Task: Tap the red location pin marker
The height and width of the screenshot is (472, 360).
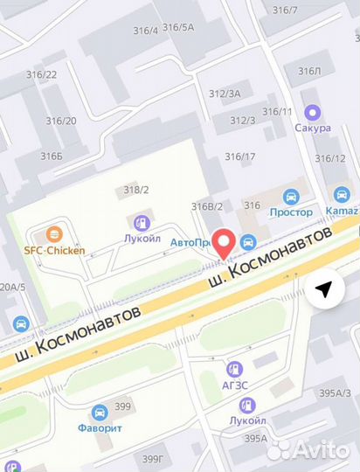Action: click(x=225, y=242)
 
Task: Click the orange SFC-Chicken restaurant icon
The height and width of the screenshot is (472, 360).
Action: click(x=54, y=234)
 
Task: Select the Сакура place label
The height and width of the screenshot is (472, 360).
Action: click(x=312, y=128)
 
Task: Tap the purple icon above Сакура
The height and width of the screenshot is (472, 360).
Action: click(x=312, y=112)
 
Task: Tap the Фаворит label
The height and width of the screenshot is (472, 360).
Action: click(x=100, y=427)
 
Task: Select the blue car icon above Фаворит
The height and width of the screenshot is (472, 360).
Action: click(x=100, y=412)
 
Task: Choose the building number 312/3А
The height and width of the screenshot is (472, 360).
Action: click(x=225, y=94)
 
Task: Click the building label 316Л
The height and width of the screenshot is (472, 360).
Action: click(x=310, y=71)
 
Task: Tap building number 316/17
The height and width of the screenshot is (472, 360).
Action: click(x=240, y=157)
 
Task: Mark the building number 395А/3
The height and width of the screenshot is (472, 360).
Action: click(x=335, y=393)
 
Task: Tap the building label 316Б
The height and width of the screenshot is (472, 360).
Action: click(x=52, y=156)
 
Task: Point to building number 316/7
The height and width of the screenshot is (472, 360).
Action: click(x=285, y=10)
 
